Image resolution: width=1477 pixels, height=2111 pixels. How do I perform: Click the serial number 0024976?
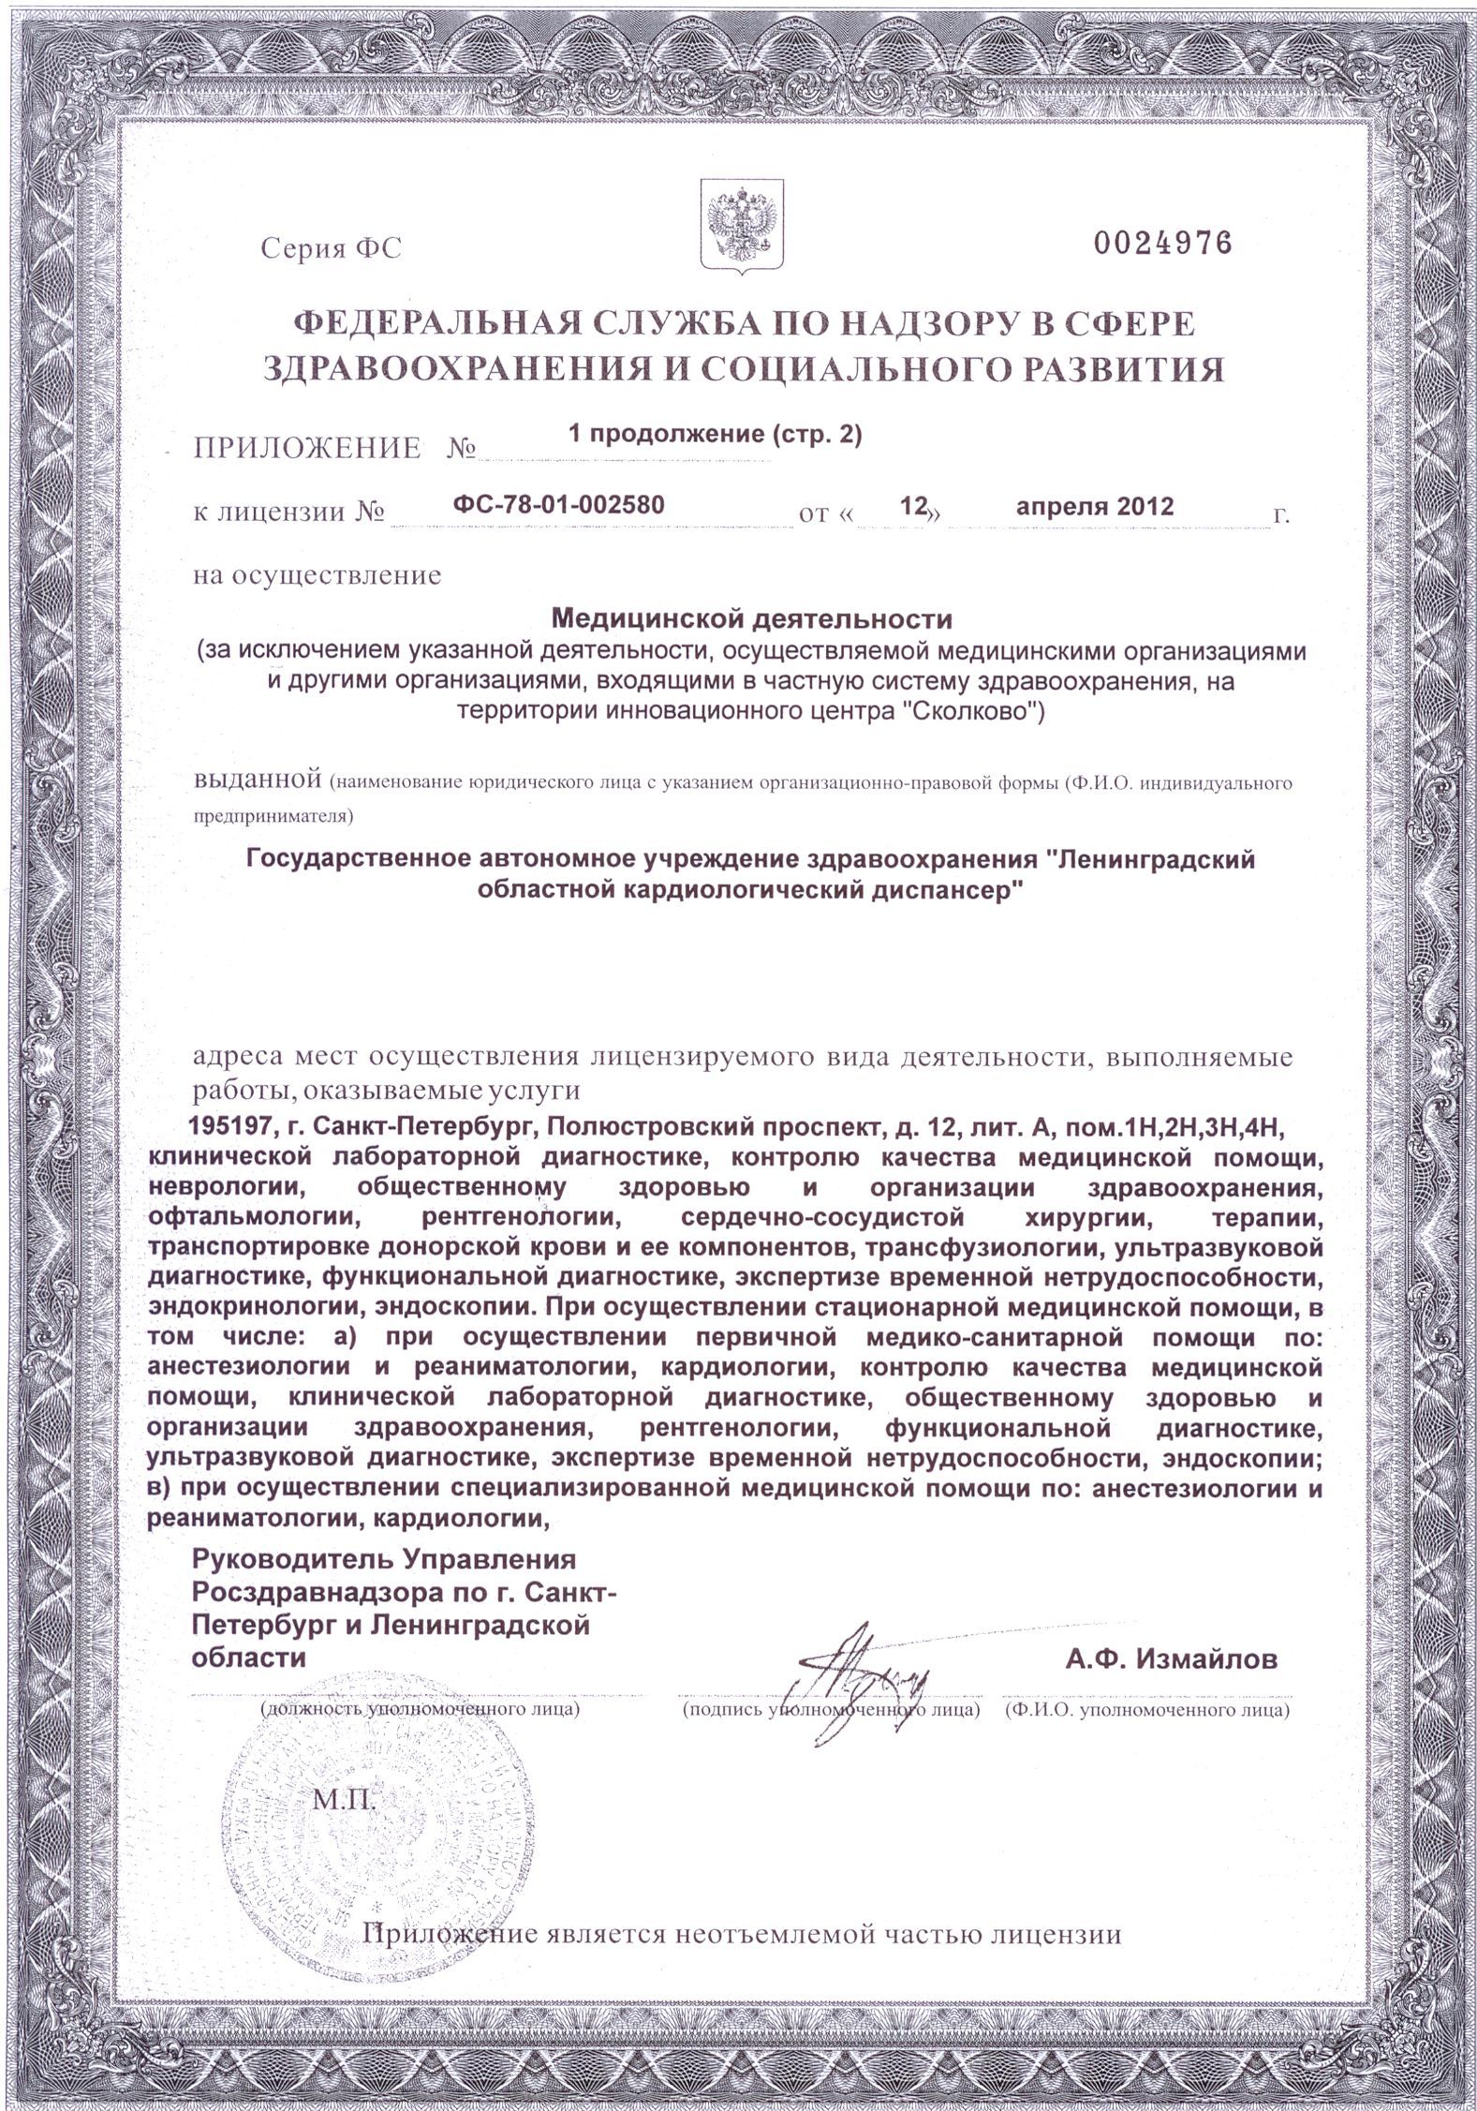1161,245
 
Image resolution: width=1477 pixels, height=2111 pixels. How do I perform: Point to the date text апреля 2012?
1095,507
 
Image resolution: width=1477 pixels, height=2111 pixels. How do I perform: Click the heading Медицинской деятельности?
750,619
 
